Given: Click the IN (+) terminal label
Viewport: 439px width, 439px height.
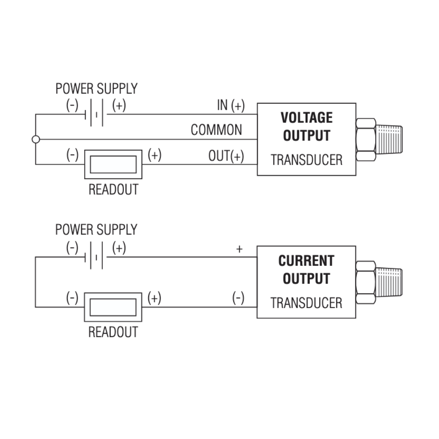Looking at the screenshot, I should coord(231,105).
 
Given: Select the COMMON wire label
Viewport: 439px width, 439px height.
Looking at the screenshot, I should coord(216,130).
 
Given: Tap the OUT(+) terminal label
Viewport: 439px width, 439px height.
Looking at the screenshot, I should coord(226,156).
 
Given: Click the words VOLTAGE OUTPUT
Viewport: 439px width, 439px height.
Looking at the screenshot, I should coord(306,126).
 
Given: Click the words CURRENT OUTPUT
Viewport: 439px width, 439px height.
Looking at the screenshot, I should coord(306,269).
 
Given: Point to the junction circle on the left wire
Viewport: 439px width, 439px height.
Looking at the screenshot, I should coord(36,139).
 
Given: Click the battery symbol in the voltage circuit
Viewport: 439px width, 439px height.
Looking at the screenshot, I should coord(96,114).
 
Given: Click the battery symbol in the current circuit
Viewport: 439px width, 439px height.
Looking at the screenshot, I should coord(96,257).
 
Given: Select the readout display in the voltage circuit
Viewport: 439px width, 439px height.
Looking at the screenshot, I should coord(113,164).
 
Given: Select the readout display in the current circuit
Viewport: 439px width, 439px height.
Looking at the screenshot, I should coord(113,307).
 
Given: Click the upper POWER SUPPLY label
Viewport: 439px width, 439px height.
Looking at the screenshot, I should coord(96,88).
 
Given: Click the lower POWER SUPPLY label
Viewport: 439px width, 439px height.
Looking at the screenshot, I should coord(96,230).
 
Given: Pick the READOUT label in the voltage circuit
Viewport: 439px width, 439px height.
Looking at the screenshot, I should coord(113,189).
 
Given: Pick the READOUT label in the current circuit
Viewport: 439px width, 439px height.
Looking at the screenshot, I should coord(113,332).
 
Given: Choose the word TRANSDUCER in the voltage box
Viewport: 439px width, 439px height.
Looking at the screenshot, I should coord(306,160).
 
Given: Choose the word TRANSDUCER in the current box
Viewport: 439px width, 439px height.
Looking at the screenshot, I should coord(306,303).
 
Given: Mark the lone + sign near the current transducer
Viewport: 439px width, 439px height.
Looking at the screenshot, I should coord(239,249).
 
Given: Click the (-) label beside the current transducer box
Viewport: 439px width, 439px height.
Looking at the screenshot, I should coord(238,298).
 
